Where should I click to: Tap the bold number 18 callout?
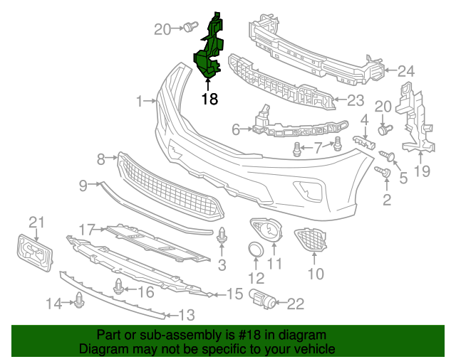tap(209, 99)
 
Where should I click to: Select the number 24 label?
tap(405, 71)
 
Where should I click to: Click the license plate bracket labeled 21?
tap(33, 252)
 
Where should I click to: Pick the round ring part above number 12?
tap(255, 250)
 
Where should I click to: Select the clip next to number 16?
tap(119, 288)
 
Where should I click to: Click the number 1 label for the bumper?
tap(140, 102)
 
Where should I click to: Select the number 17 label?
tap(87, 229)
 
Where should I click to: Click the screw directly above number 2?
tap(386, 172)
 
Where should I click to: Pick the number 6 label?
tap(236, 129)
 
